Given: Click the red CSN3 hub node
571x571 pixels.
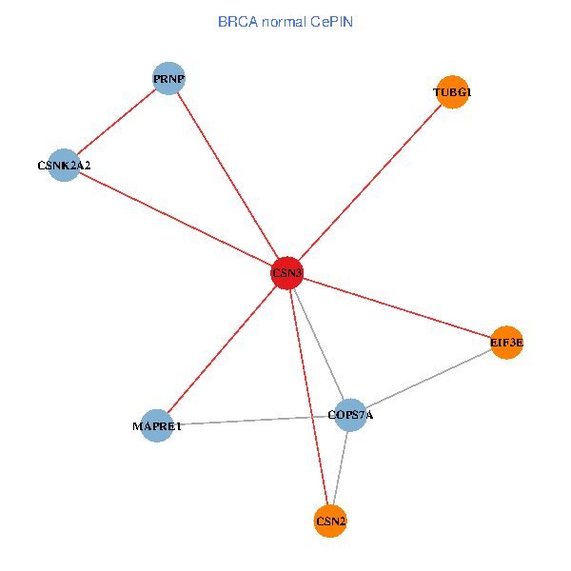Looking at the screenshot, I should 287,273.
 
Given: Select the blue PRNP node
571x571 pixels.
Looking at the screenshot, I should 168,78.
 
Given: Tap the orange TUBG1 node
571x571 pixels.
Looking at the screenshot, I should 452,92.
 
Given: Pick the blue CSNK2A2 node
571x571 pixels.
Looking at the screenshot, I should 63,165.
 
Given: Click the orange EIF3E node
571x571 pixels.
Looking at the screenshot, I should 507,342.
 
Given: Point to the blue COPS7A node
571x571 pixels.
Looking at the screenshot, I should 350,414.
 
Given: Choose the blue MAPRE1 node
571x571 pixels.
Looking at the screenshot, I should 156,425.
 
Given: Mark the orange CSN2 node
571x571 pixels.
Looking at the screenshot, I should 330,521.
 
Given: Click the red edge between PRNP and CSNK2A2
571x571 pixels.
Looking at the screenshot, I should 116,121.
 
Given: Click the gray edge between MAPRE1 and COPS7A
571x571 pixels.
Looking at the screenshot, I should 253,420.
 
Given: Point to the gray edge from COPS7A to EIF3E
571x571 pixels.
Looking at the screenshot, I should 428,378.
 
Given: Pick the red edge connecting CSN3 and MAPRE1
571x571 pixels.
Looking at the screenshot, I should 222,349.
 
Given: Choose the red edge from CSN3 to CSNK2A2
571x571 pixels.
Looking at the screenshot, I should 175,219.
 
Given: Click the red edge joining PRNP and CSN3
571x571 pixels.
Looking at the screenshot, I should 228,176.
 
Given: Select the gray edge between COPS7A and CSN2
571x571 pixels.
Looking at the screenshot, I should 341,467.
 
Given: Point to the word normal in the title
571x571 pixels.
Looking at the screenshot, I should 282,21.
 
